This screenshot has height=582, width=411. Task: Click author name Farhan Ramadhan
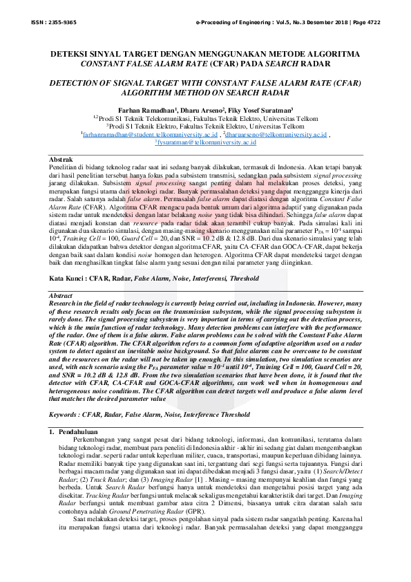point(147,110)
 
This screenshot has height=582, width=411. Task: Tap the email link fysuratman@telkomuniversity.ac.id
point(205,143)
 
